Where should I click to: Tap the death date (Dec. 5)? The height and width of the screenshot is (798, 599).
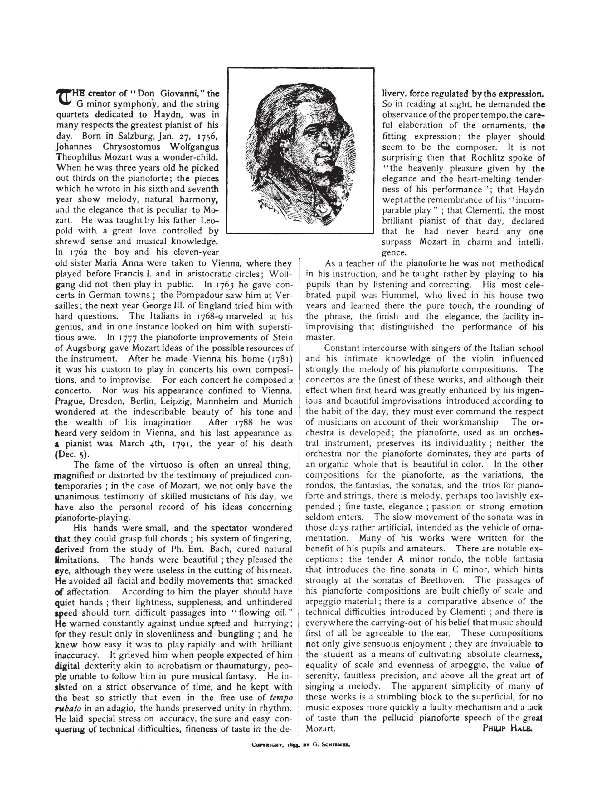tap(71, 454)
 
